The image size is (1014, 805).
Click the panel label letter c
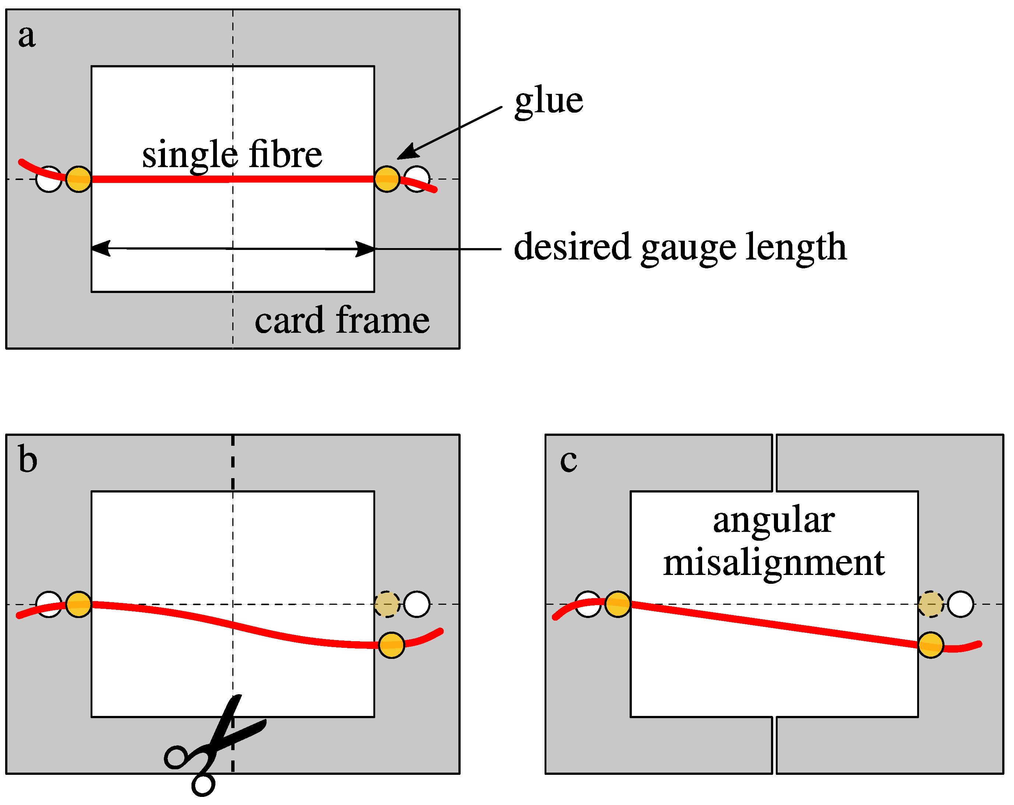point(568,461)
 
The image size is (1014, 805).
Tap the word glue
point(548,101)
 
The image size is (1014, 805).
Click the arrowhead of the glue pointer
point(406,153)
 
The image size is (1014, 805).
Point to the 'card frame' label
point(342,321)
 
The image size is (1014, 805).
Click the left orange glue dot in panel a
point(78,179)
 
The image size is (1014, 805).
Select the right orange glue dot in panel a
point(387,179)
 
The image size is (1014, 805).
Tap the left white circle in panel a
point(49,179)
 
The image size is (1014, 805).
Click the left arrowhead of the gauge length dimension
point(100,248)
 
